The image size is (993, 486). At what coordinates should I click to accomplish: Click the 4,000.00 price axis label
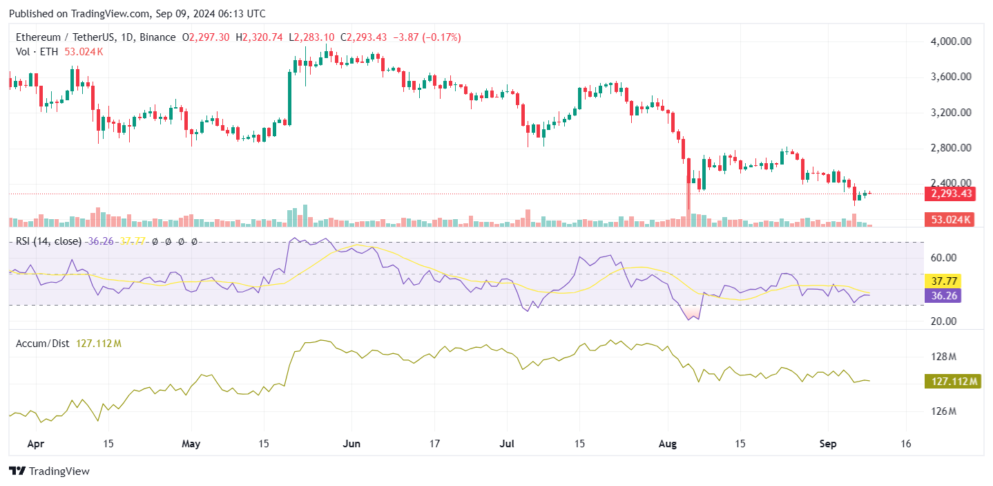952,41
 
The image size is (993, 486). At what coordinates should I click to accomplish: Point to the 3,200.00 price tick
952,113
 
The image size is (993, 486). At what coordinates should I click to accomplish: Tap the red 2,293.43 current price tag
952,194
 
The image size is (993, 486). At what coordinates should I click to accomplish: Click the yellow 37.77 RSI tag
943,281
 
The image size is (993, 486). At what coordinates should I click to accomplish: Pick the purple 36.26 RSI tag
943,295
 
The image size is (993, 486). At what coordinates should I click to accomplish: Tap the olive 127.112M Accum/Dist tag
952,381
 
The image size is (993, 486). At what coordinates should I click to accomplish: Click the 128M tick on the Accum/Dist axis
943,357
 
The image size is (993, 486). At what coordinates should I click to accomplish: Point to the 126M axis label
943,411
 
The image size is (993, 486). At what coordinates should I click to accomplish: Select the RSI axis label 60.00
943,258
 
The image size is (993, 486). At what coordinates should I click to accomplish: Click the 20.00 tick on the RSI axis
943,321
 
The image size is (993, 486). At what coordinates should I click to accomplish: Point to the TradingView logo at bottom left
49,471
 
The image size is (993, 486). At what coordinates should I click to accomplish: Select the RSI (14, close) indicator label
49,241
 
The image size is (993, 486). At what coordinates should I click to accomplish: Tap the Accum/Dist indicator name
43,343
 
